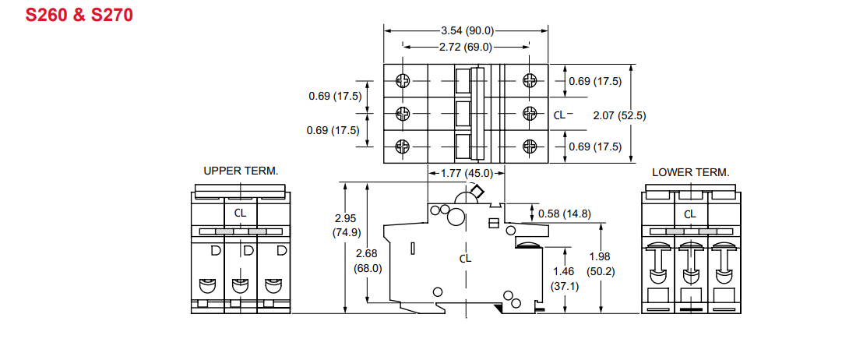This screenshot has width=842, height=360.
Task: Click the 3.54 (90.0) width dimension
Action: pyautogui.click(x=467, y=31)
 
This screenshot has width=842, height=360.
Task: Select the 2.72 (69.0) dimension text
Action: pyautogui.click(x=465, y=47)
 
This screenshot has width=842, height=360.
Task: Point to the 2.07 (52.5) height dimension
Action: pyautogui.click(x=619, y=115)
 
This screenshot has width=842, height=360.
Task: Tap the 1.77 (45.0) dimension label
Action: pyautogui.click(x=467, y=173)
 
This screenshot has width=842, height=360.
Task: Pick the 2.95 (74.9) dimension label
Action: pyautogui.click(x=347, y=224)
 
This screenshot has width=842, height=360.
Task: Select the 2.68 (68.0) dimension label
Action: pyautogui.click(x=368, y=261)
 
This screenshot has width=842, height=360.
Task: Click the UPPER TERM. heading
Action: pyautogui.click(x=241, y=171)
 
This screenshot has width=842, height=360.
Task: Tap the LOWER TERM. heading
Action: pyautogui.click(x=691, y=171)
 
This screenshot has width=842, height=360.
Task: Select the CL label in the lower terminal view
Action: pyautogui.click(x=690, y=214)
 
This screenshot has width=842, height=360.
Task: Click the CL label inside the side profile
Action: pyautogui.click(x=465, y=258)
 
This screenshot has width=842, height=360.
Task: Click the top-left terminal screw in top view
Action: pyautogui.click(x=403, y=80)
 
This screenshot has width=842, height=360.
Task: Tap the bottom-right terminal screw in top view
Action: pyautogui.click(x=530, y=146)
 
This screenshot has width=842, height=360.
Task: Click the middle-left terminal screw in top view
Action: pyautogui.click(x=403, y=114)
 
